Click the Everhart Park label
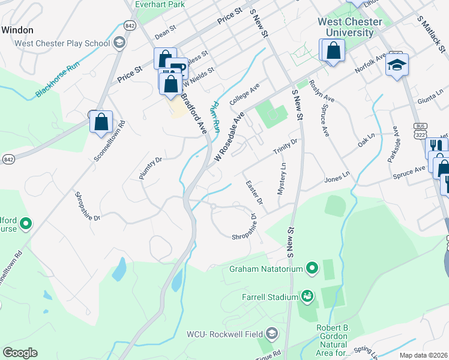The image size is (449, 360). click(x=159, y=4)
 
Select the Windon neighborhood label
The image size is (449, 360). click(x=17, y=29)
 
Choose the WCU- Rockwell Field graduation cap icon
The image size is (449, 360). click(x=272, y=333)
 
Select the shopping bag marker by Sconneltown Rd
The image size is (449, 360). click(x=101, y=122)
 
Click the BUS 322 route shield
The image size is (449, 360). click(x=420, y=130)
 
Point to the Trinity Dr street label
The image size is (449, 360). click(x=285, y=145)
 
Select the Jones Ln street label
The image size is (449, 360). click(x=336, y=178)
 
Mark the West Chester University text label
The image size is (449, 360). click(x=349, y=27)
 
